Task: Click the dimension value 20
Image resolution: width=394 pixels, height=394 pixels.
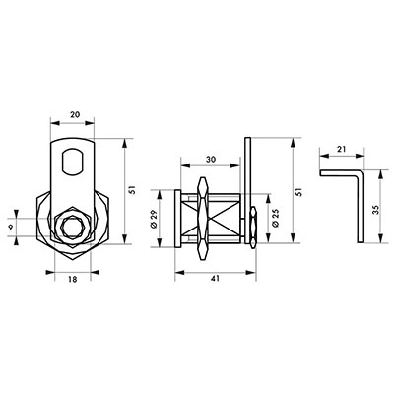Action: click(75, 114)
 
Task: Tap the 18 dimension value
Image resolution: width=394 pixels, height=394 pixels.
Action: click(73, 280)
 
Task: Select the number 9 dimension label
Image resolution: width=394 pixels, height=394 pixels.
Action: click(10, 227)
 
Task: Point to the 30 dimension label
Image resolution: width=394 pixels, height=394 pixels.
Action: click(211, 160)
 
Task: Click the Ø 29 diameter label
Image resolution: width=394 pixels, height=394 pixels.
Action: click(155, 219)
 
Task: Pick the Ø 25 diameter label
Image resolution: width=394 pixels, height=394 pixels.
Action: click(276, 219)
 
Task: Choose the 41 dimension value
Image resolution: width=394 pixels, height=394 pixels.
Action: click(215, 279)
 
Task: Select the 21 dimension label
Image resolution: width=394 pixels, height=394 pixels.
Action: click(342, 149)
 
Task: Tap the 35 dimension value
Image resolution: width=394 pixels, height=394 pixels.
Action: click(376, 210)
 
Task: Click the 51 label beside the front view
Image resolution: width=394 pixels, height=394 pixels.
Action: click(132, 190)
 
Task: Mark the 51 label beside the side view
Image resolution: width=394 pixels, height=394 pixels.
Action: click(298, 192)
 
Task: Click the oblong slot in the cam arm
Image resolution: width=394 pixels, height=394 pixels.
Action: click(72, 161)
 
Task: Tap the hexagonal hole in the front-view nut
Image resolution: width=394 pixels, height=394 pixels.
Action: click(72, 228)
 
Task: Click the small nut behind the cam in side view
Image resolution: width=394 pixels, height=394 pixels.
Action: click(253, 228)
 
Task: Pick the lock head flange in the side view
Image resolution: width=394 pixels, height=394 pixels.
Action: click(177, 219)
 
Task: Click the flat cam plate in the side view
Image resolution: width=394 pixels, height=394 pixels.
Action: click(248, 190)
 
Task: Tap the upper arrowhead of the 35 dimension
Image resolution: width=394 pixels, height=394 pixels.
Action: click(380, 174)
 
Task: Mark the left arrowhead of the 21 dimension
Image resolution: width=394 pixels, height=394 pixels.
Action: click(324, 156)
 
